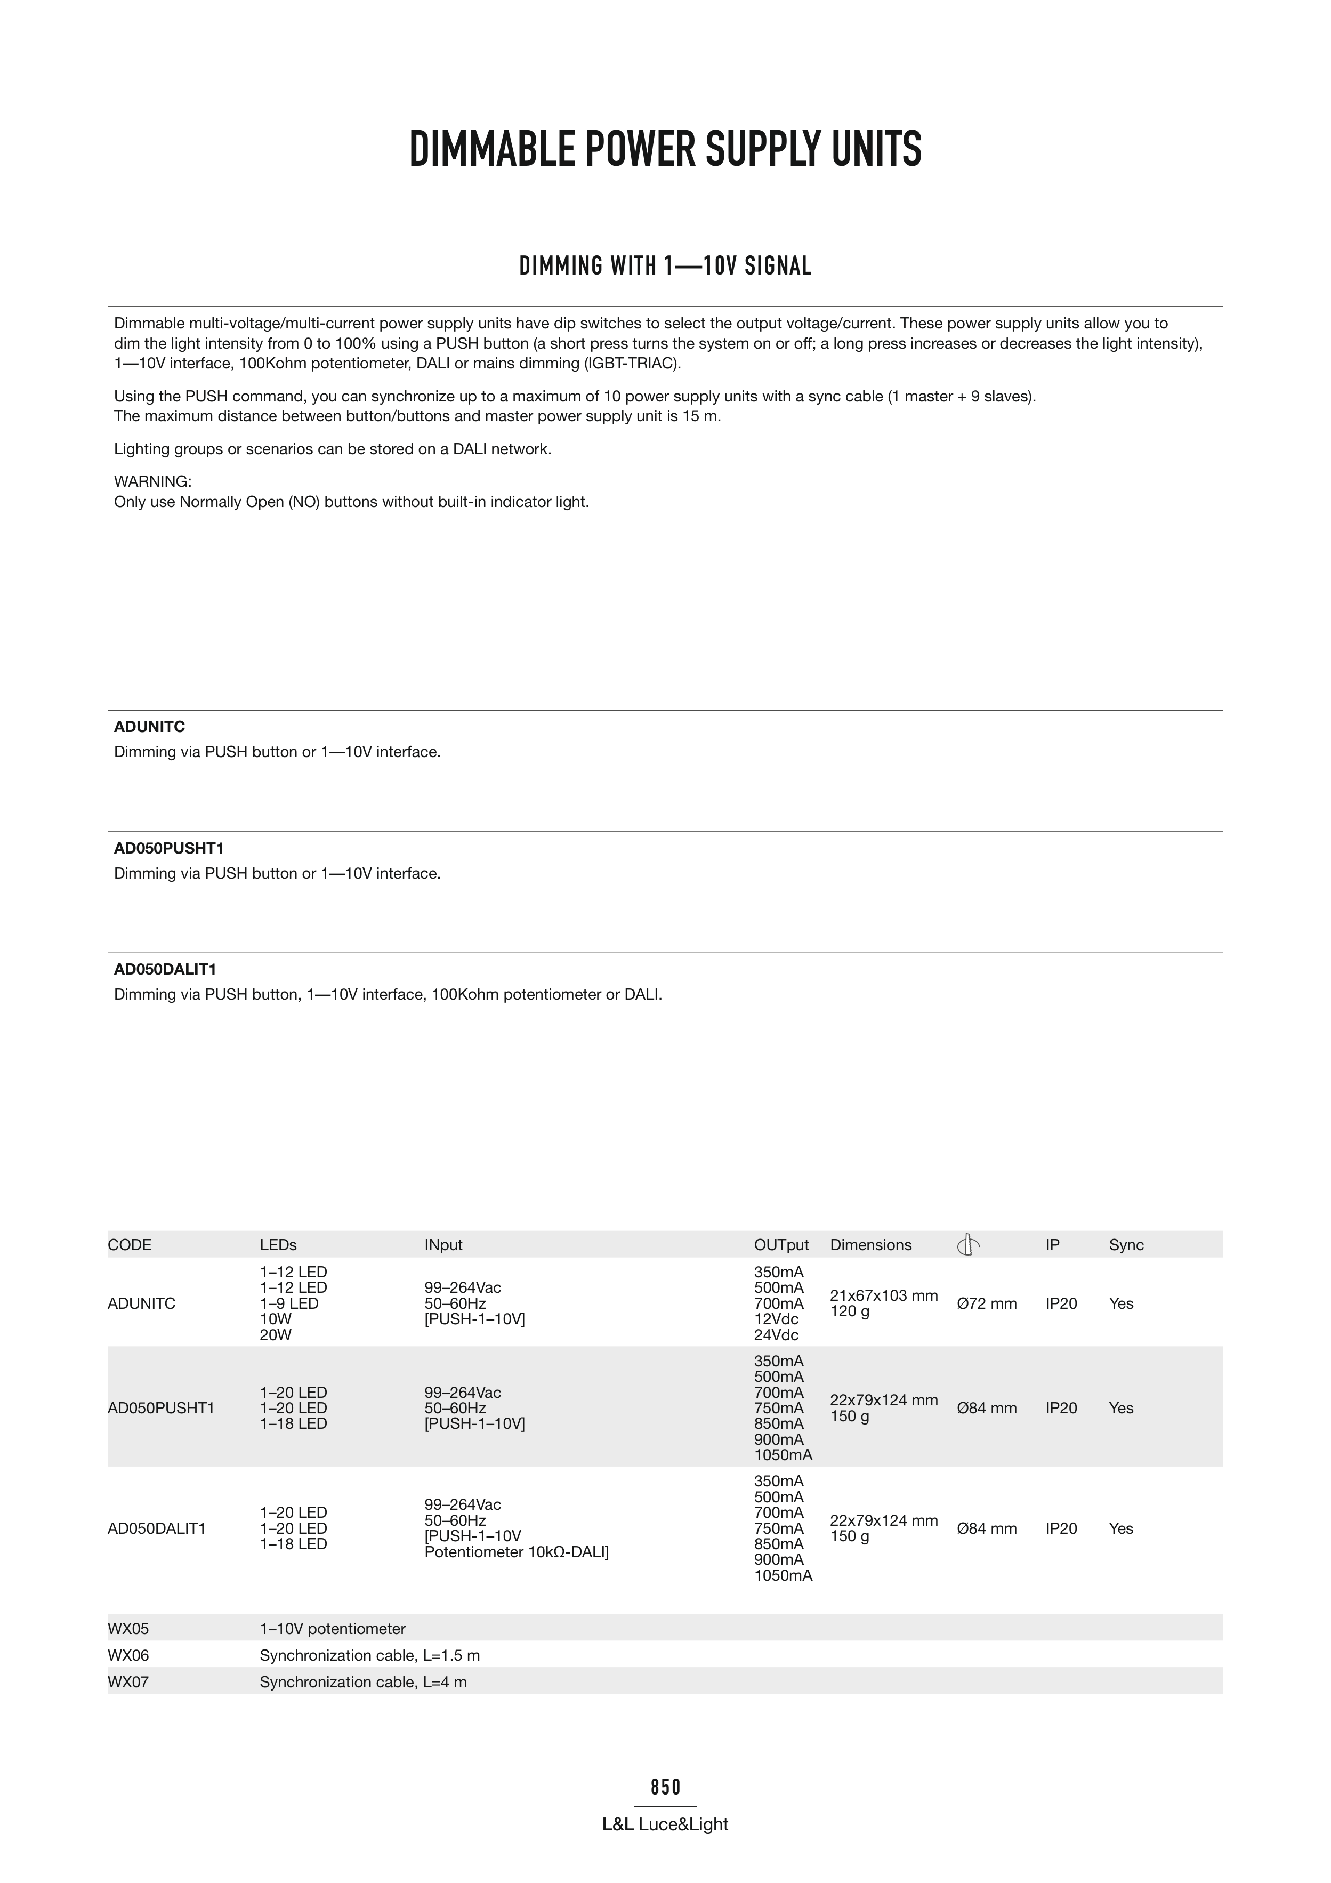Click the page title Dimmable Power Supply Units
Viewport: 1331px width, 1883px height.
pos(665,149)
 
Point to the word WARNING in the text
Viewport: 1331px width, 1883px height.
pos(152,481)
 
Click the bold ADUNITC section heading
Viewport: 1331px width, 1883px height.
pos(149,727)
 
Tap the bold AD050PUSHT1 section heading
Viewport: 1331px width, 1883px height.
pos(169,848)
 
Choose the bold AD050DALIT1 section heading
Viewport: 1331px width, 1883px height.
pos(165,969)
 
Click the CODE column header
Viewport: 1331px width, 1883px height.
pos(130,1245)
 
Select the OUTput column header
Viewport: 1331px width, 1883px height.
pos(781,1245)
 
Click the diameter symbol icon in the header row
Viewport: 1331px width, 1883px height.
pos(967,1245)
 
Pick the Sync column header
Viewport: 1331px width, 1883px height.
pos(1126,1245)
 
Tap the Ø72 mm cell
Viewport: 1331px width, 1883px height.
pos(987,1304)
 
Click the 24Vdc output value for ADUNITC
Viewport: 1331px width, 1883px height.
pos(776,1335)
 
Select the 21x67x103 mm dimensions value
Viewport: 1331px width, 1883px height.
pos(883,1296)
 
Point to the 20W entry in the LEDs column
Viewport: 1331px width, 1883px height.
pos(276,1335)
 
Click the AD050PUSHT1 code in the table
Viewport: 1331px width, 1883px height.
pos(161,1408)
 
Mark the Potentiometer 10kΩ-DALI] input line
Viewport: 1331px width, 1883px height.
pos(517,1552)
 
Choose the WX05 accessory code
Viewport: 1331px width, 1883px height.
pos(128,1629)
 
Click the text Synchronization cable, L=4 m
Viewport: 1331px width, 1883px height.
pos(364,1682)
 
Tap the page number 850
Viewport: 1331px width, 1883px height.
pos(665,1786)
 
